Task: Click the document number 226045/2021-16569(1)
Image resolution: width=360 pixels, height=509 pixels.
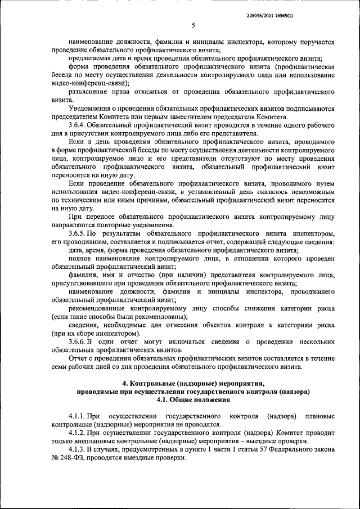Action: [x=313, y=7]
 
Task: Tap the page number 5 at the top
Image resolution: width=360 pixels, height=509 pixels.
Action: [x=193, y=25]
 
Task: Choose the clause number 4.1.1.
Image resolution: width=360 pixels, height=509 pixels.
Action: [x=78, y=415]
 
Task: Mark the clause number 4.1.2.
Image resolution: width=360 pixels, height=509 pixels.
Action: [x=78, y=433]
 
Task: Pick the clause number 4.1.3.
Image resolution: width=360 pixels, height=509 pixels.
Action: [x=78, y=451]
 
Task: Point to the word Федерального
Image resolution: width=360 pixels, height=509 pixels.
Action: [x=295, y=451]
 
